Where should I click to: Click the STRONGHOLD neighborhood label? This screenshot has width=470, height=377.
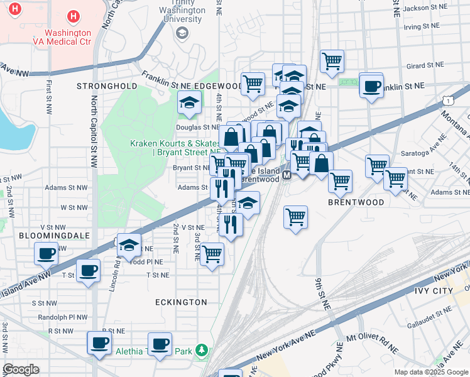pyautogui.click(x=107, y=85)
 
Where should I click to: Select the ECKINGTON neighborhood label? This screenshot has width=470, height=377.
pyautogui.click(x=182, y=302)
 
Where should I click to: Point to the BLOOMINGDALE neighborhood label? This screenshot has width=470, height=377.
pyautogui.click(x=55, y=235)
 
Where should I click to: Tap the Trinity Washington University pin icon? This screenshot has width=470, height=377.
pyautogui.click(x=182, y=32)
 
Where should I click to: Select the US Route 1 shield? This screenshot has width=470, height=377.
pyautogui.click(x=447, y=101)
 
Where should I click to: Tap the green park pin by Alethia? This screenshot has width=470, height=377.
pyautogui.click(x=202, y=350)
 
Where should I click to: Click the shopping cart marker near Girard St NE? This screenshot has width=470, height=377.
pyautogui.click(x=332, y=62)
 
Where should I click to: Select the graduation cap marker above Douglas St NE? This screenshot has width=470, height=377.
pyautogui.click(x=189, y=102)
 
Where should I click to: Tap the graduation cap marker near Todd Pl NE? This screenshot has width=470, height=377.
pyautogui.click(x=129, y=245)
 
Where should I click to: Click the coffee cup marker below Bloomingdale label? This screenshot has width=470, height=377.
pyautogui.click(x=46, y=254)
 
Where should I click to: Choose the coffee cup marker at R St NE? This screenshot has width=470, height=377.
pyautogui.click(x=99, y=343)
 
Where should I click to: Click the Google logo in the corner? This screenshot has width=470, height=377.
pyautogui.click(x=21, y=369)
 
